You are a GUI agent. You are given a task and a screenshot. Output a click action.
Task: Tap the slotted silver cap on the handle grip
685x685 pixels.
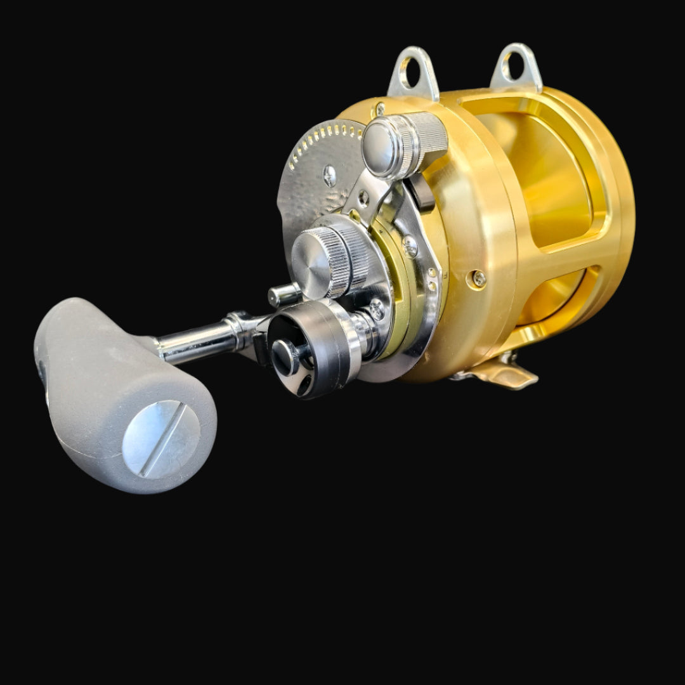(161, 439)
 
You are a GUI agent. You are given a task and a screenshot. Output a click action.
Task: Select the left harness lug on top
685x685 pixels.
(414, 72)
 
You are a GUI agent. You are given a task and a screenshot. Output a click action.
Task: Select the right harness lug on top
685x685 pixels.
(517, 67)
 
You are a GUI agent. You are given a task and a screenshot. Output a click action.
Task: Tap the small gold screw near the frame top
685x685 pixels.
(380, 108)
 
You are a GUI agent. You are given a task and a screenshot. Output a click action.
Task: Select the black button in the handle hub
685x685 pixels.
(285, 356)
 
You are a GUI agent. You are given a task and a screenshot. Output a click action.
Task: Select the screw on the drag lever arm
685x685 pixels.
(363, 198)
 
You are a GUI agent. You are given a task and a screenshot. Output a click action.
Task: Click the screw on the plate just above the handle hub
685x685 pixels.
(376, 310)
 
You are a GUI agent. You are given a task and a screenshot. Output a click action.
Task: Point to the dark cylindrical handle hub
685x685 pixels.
(311, 346)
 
